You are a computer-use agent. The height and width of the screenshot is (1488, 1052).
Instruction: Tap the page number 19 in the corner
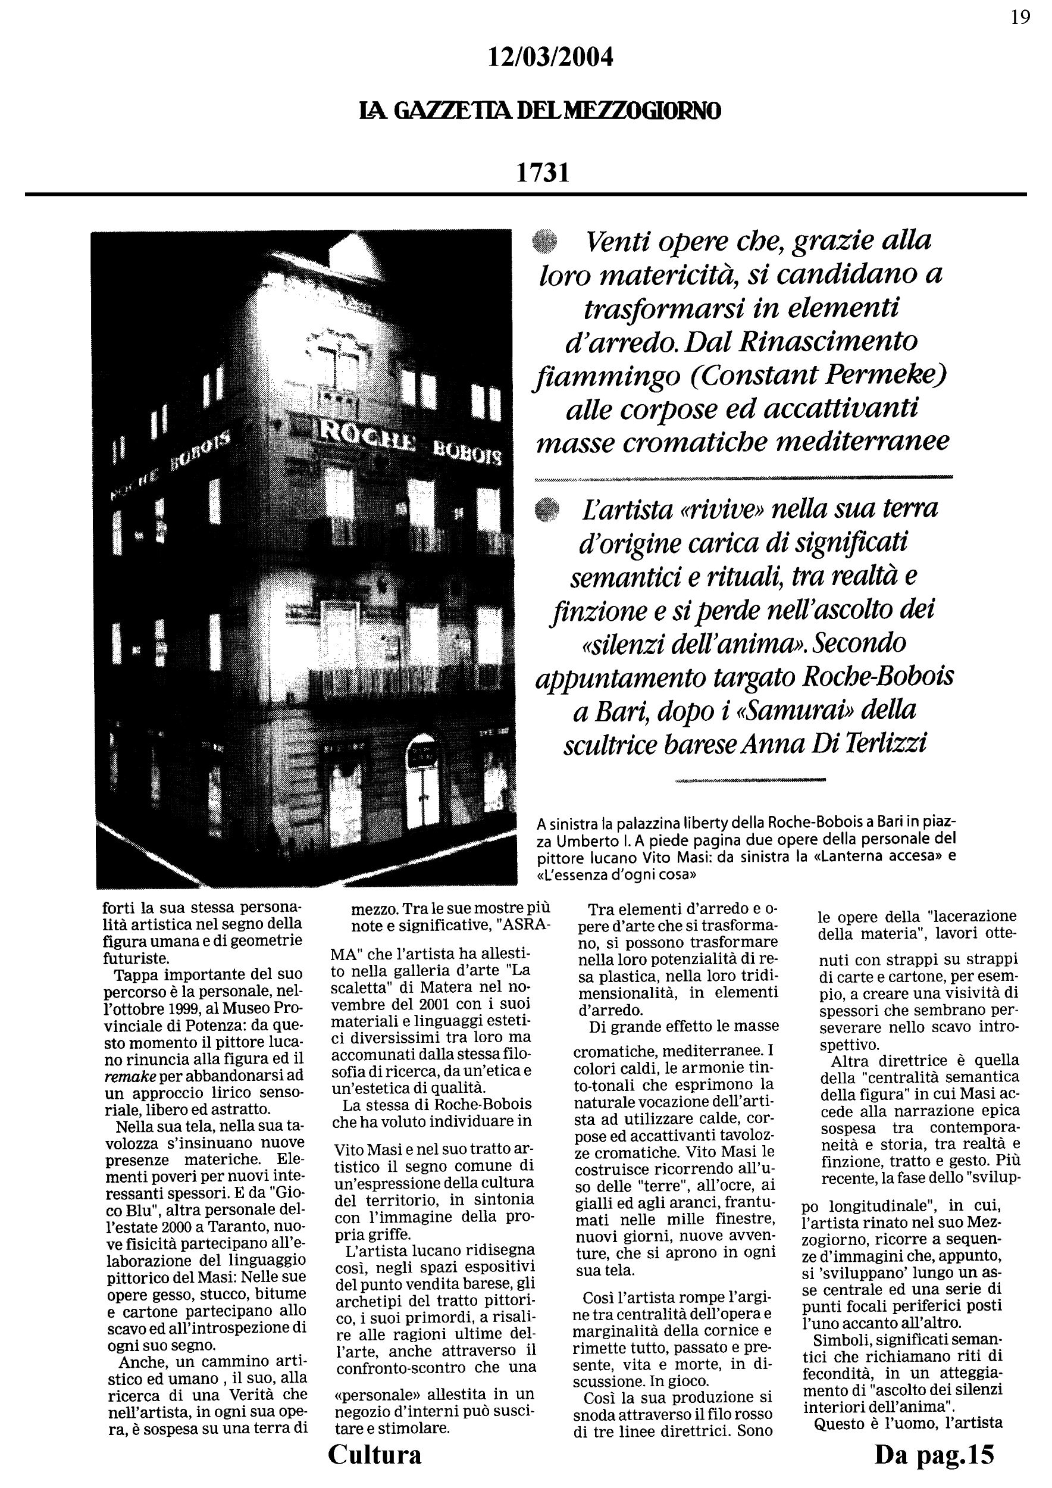(x=1020, y=17)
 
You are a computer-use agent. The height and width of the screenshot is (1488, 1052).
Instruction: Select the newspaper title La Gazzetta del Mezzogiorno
(x=540, y=111)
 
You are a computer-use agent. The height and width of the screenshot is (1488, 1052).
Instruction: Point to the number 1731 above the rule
(x=543, y=173)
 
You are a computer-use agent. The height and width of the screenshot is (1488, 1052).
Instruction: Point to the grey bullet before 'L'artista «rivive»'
(x=548, y=509)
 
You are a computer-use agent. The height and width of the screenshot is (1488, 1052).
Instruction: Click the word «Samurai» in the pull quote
(x=811, y=710)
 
